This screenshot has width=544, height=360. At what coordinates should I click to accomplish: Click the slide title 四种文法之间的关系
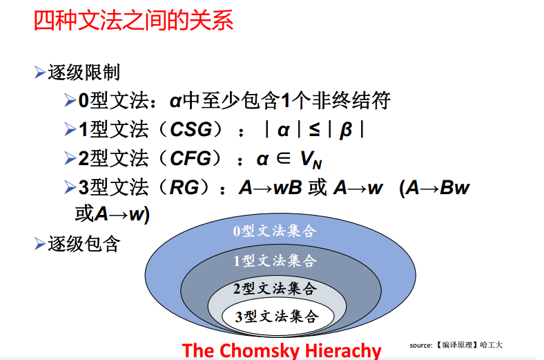click(x=133, y=20)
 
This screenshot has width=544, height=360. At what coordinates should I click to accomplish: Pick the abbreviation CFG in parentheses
click(x=191, y=158)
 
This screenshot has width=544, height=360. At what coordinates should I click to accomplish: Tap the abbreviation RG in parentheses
click(x=184, y=187)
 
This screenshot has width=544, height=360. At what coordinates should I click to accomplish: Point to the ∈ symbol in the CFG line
click(x=284, y=158)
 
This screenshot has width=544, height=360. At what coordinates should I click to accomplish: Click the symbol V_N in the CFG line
click(x=311, y=160)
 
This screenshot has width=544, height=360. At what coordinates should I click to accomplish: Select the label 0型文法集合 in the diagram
click(x=273, y=231)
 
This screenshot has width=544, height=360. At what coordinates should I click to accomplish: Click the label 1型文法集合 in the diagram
click(x=274, y=260)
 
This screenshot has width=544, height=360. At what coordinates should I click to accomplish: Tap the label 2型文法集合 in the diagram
click(x=275, y=288)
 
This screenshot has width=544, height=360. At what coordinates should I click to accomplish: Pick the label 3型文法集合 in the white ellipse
click(x=276, y=316)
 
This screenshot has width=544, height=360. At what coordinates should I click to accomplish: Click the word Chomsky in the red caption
click(x=260, y=350)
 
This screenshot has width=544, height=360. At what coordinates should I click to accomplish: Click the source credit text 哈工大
click(x=493, y=344)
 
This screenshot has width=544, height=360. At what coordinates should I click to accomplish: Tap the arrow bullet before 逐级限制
click(x=39, y=72)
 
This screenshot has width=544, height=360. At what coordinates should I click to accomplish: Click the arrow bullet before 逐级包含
click(x=39, y=243)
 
